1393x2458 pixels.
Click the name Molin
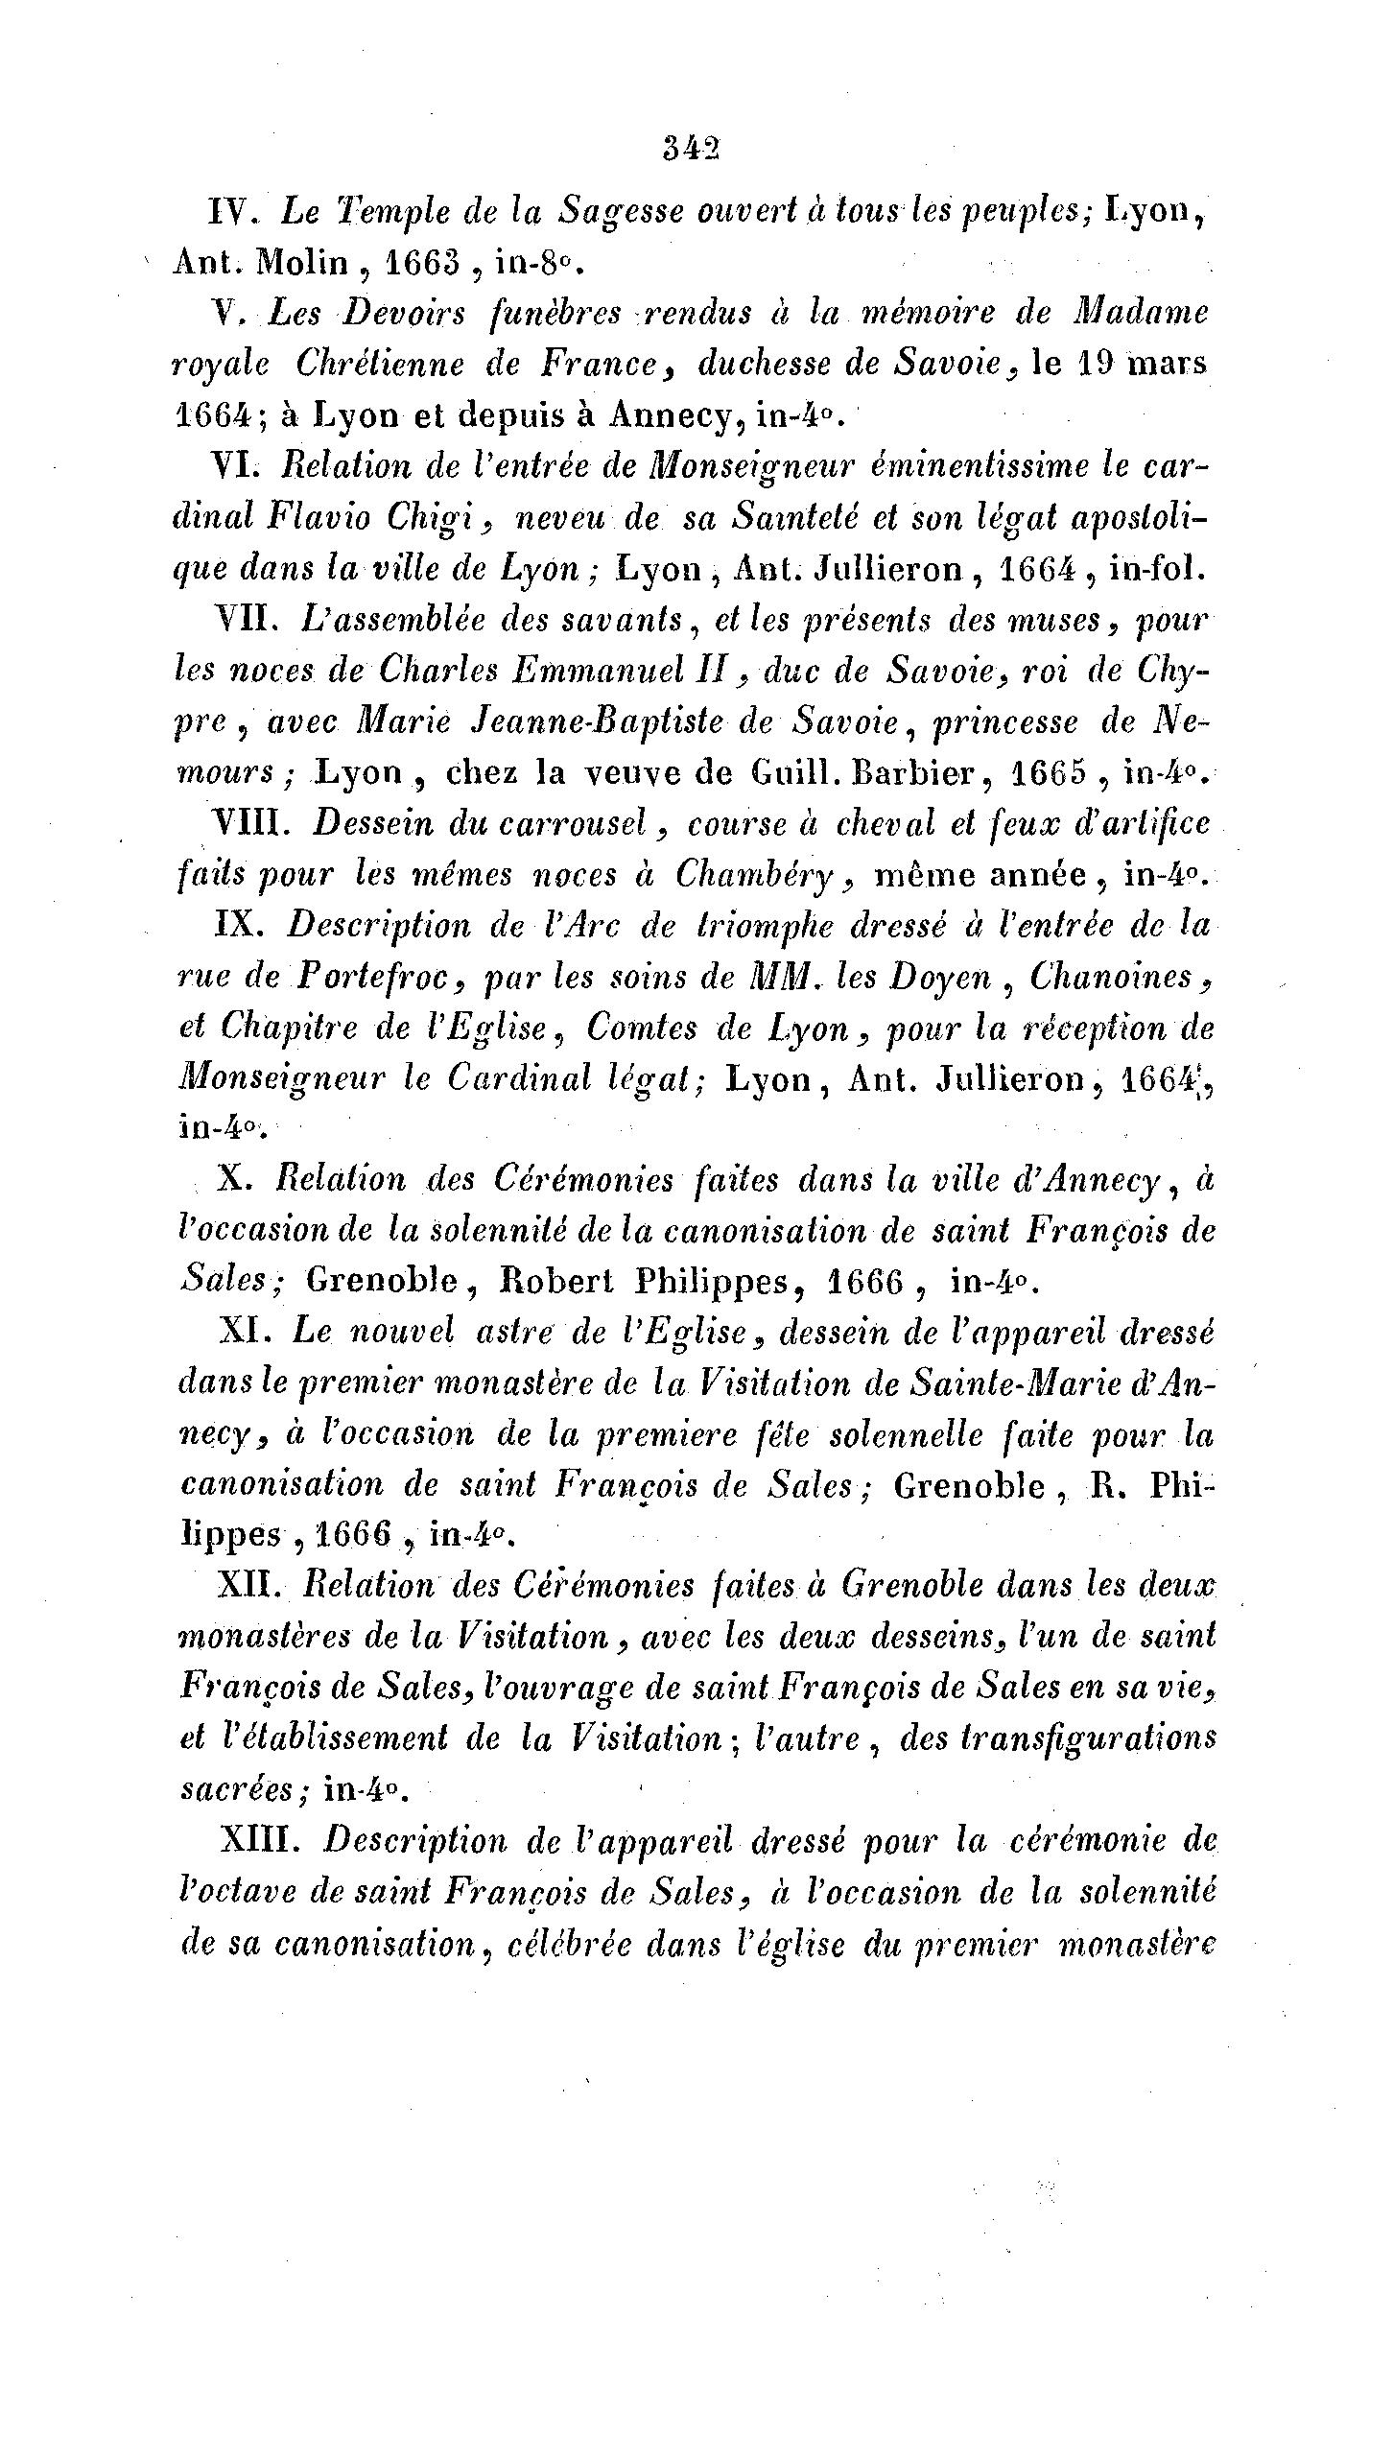tap(300, 261)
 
